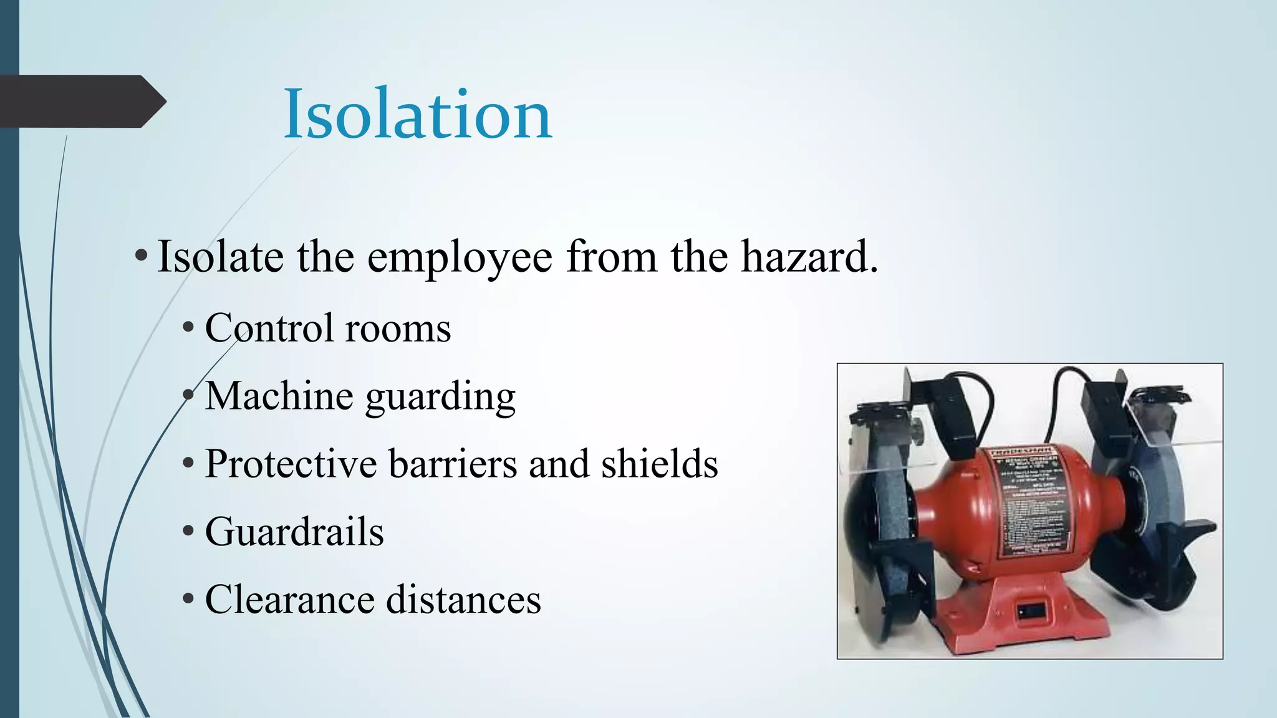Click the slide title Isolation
tap(418, 115)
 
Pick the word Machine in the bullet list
tap(279, 396)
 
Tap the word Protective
tap(291, 464)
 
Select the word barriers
tap(453, 464)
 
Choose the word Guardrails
tap(294, 532)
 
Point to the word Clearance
tap(290, 600)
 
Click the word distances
tap(463, 600)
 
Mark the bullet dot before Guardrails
tap(189, 532)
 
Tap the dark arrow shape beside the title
tap(81, 102)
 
